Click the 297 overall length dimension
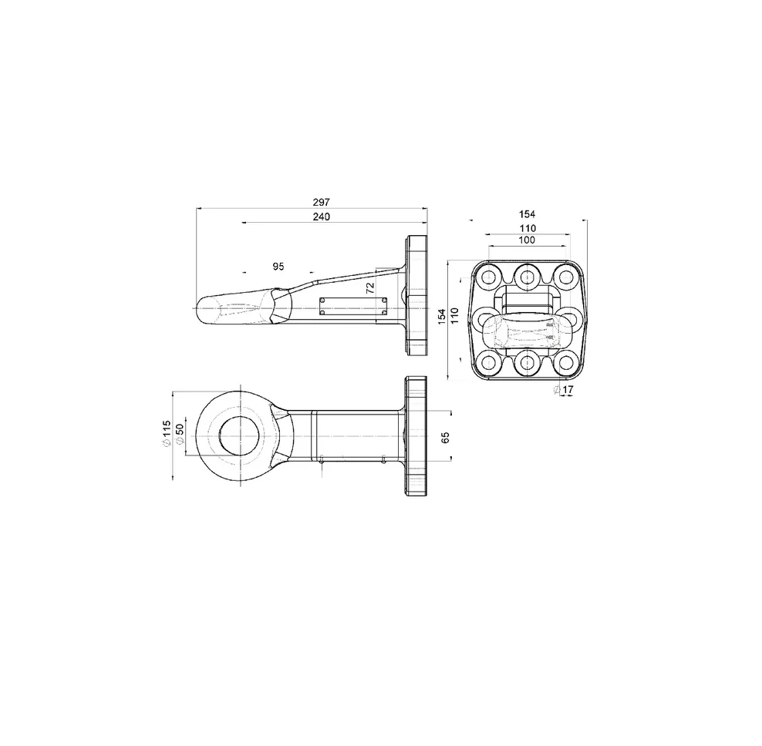coord(321,202)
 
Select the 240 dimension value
coord(321,217)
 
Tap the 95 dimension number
coord(278,267)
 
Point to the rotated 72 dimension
coord(370,287)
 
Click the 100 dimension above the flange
coord(527,240)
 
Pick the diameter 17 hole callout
coord(564,389)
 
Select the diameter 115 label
coord(167,434)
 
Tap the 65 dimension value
coord(446,437)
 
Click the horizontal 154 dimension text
coord(528,214)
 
